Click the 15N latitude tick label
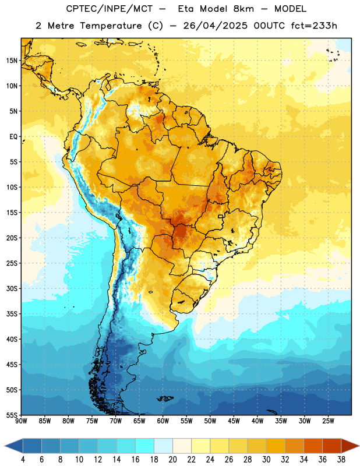pos(12,61)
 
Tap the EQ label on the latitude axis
pos(13,137)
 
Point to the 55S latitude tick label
pos(12,415)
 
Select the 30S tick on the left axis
pos(12,288)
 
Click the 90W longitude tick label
pos(21,421)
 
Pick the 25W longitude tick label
pos(328,421)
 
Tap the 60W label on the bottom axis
pos(163,421)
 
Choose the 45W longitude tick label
pos(234,421)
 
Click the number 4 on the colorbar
pos(23,460)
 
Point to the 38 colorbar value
pos(341,460)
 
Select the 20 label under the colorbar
pos(172,460)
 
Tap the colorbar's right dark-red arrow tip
pos(359,446)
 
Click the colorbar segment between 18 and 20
pos(164,446)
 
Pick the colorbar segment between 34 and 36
pos(313,446)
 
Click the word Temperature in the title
pos(111,26)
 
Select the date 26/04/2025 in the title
pos(215,26)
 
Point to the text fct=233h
pos(314,26)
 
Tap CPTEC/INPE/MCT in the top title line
pos(109,9)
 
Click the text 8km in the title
pos(243,9)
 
